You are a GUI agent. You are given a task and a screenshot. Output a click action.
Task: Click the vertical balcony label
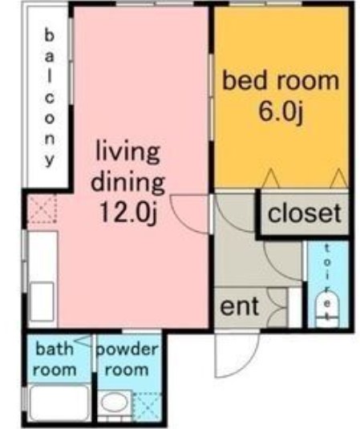point(50,97)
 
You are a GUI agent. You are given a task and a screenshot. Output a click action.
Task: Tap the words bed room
point(280,81)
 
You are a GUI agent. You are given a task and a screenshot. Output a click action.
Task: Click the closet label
point(304,214)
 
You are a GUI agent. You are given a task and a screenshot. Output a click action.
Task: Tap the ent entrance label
point(240,307)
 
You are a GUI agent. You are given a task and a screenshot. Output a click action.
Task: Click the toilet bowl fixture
point(328,308)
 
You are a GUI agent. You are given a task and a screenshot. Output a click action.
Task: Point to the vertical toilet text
point(327,272)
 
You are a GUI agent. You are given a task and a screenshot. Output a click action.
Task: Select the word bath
point(55,350)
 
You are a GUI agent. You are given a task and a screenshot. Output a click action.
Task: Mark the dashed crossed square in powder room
point(147,407)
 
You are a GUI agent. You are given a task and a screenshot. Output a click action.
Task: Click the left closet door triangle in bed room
point(271,178)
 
